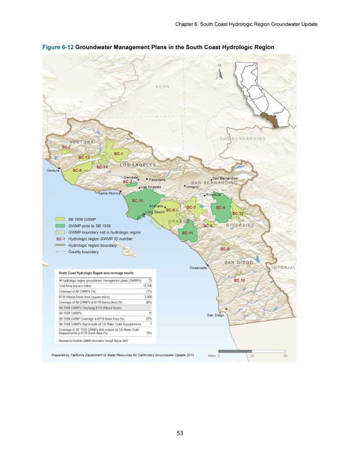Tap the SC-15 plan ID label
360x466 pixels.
(138, 201)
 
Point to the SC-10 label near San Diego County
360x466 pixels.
(239, 280)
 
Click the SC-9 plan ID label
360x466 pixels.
(225, 249)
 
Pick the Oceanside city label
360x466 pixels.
(199, 268)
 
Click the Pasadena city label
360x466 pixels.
(157, 180)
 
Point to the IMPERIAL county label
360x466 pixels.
(283, 268)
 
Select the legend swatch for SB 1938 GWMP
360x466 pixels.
(60, 220)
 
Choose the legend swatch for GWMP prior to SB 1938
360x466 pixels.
(60, 226)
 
